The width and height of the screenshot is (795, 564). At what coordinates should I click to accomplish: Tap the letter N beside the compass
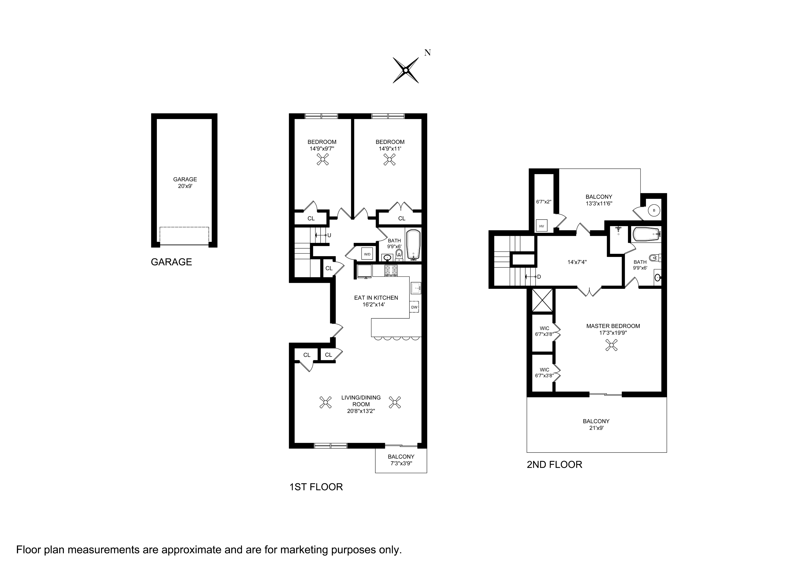(x=427, y=53)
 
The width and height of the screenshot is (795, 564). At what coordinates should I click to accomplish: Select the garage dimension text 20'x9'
(x=185, y=186)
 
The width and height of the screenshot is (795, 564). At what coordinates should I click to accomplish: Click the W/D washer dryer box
(x=367, y=254)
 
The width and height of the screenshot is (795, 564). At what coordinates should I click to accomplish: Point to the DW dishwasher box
(x=414, y=307)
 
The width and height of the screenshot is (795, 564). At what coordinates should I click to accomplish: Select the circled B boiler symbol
(x=654, y=210)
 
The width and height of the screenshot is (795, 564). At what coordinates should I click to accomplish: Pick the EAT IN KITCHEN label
(x=376, y=298)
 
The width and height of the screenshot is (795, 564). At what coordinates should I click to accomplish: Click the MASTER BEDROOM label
(x=613, y=326)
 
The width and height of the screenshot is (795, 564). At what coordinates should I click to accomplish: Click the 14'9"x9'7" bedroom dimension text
(x=322, y=149)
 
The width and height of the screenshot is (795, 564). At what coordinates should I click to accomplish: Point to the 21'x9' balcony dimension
(x=596, y=428)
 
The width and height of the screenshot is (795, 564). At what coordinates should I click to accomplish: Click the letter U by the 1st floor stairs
(x=329, y=235)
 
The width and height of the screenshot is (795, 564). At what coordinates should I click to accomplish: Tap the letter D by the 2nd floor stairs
(x=539, y=277)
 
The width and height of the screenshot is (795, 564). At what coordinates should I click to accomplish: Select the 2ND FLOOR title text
(x=554, y=464)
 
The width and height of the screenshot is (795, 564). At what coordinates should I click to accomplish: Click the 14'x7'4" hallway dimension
(x=577, y=262)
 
